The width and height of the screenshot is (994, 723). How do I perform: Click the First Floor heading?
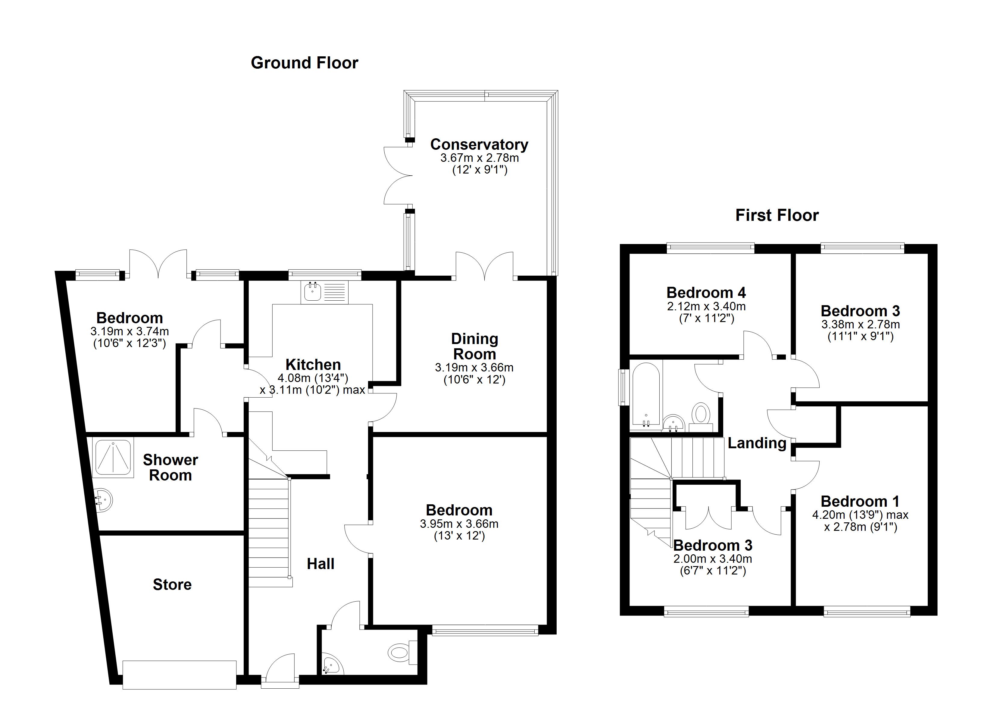coord(777,215)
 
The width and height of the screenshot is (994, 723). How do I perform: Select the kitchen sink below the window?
coord(324,292)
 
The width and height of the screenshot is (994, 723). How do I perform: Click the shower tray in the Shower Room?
coord(113,459)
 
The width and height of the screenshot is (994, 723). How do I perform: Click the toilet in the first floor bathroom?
coord(701,417)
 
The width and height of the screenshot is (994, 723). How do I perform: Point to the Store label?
coord(172,584)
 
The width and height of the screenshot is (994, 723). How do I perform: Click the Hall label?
coord(320,564)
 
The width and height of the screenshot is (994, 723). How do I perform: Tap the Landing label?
coord(757,443)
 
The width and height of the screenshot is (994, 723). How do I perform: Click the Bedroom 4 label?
coord(706,293)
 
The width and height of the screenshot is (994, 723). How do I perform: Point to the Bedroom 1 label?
coord(860,501)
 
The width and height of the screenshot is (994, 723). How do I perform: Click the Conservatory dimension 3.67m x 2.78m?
coord(480,158)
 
